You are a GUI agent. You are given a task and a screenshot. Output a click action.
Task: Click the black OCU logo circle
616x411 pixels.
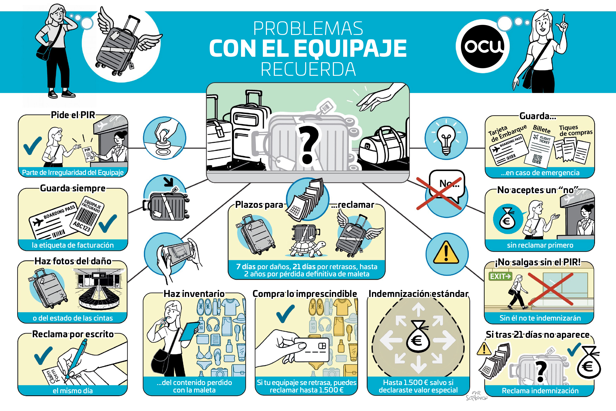(483, 46)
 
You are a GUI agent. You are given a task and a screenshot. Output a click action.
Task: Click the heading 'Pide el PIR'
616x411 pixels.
(73, 115)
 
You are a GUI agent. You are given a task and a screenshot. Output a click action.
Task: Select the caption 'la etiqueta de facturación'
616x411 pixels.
(73, 245)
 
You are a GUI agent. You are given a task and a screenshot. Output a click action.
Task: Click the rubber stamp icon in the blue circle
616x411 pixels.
(164, 139)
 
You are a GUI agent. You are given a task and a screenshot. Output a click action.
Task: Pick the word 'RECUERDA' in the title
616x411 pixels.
(308, 69)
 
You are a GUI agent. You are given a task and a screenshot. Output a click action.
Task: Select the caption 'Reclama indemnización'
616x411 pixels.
(540, 391)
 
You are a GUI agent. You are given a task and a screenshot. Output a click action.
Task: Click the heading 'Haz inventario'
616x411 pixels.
(194, 294)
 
